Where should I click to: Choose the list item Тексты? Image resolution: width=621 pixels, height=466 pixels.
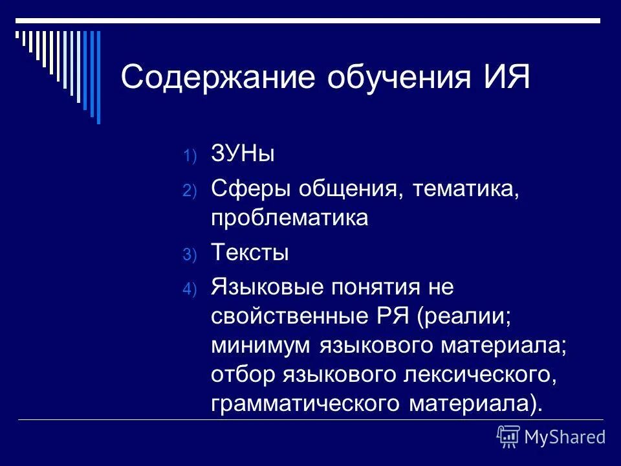point(250,253)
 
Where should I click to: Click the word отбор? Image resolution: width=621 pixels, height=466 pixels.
point(239,375)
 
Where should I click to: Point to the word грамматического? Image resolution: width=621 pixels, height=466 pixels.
point(307,404)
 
